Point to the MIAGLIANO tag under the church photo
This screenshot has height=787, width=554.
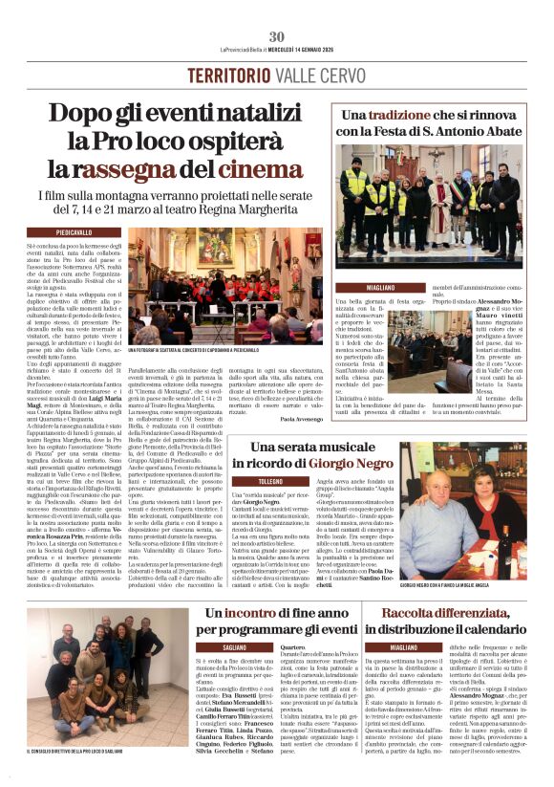pos(359,287)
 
